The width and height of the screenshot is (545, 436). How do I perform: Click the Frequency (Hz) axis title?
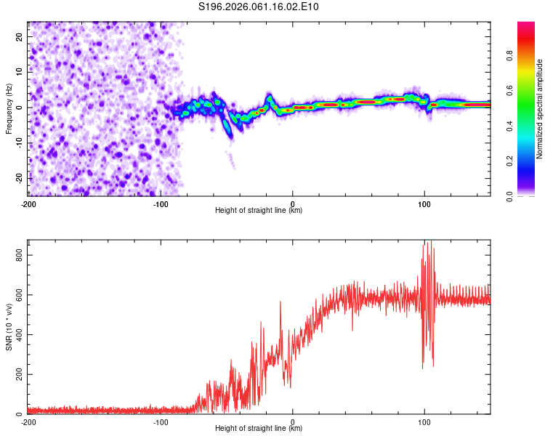pos(9,108)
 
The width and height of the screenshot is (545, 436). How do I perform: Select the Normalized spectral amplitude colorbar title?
pos(540,109)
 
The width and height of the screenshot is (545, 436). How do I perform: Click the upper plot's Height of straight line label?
pos(259,210)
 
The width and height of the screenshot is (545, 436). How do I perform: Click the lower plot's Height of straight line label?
pos(259,428)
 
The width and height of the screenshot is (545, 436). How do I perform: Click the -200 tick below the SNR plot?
pos(28,421)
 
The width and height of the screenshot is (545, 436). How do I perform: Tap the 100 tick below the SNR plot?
pos(424,421)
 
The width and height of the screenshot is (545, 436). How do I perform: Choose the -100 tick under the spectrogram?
pos(160,203)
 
